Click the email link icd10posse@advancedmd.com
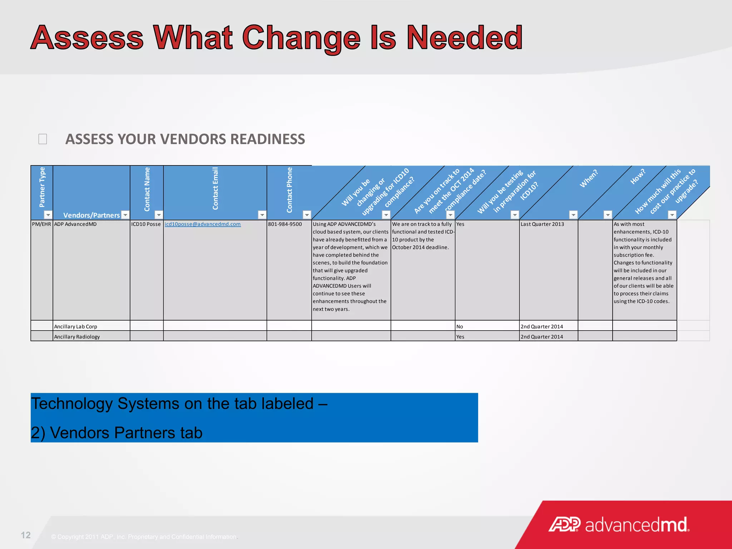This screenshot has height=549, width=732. coord(202,224)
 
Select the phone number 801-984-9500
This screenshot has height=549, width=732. coord(285,224)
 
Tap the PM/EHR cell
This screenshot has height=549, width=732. coord(41,224)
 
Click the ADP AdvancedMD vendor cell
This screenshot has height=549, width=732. coord(75,224)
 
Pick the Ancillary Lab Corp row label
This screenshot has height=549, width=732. coord(75,326)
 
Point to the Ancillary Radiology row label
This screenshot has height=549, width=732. coord(77,337)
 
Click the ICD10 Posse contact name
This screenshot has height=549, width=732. coord(146,224)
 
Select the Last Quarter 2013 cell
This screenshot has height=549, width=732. coord(542,224)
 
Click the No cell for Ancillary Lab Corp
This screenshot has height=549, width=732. coord(460,326)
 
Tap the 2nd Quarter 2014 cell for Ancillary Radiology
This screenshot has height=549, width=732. coord(542,337)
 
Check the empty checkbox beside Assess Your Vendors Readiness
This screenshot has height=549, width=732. coord(43,139)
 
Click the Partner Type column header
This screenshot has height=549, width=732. coord(42,187)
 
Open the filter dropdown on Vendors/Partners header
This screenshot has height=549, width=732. coord(125,215)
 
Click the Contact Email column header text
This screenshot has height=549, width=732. coord(215,188)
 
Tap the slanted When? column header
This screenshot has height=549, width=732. coord(589,178)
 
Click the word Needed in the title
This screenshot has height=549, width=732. coord(465,38)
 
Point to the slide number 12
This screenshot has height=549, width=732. coord(26,535)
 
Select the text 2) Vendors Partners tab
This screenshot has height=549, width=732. coord(117,433)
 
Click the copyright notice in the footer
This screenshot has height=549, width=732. coord(144,537)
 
